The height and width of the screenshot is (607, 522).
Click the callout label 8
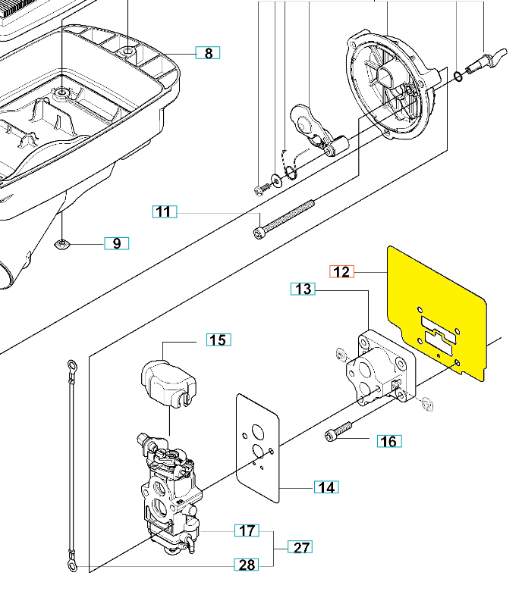pyautogui.click(x=208, y=52)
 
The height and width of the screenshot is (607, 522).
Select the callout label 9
pyautogui.click(x=117, y=243)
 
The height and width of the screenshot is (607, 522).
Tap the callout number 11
pyautogui.click(x=165, y=211)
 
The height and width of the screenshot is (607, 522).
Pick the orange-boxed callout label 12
pyautogui.click(x=341, y=272)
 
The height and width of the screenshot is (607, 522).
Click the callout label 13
pyautogui.click(x=303, y=289)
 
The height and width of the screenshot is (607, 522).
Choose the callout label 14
pyautogui.click(x=326, y=487)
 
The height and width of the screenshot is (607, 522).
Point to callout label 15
pyautogui.click(x=219, y=339)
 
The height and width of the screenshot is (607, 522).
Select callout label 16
pyautogui.click(x=389, y=441)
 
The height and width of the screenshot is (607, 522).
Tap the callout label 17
pyautogui.click(x=247, y=530)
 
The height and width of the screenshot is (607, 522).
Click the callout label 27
pyautogui.click(x=300, y=547)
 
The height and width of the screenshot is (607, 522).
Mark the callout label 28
pyautogui.click(x=247, y=565)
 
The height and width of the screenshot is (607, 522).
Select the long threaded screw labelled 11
pyautogui.click(x=283, y=220)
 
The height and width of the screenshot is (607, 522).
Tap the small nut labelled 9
pyautogui.click(x=61, y=244)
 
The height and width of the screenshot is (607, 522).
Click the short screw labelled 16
pyautogui.click(x=338, y=431)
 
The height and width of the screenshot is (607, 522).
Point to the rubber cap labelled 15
pyautogui.click(x=168, y=383)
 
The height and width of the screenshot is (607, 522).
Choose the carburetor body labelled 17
pyautogui.click(x=170, y=493)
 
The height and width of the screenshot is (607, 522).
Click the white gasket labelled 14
pyautogui.click(x=258, y=448)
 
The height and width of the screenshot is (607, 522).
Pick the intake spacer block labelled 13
pyautogui.click(x=381, y=368)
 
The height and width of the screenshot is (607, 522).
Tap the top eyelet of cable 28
pyautogui.click(x=71, y=366)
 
